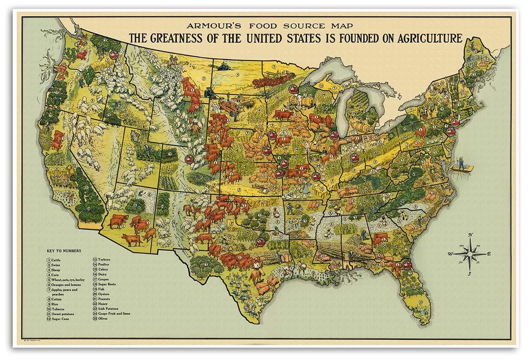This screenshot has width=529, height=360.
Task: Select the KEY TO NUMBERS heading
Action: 67,251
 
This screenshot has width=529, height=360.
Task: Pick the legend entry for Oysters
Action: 103,294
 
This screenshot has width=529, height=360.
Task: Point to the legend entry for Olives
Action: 102,318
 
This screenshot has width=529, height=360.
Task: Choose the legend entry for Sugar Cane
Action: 61,319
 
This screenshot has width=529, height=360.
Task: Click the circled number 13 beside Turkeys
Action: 95,259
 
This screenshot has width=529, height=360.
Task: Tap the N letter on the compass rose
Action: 470,235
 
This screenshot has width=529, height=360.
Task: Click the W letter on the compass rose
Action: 450,254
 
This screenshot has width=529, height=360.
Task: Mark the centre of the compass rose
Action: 470,254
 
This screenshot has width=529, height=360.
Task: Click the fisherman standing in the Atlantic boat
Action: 461,163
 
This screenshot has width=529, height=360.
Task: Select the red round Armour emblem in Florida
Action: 407,265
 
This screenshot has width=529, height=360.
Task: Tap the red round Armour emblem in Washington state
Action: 114,55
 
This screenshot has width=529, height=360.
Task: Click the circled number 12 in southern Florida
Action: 421,302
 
